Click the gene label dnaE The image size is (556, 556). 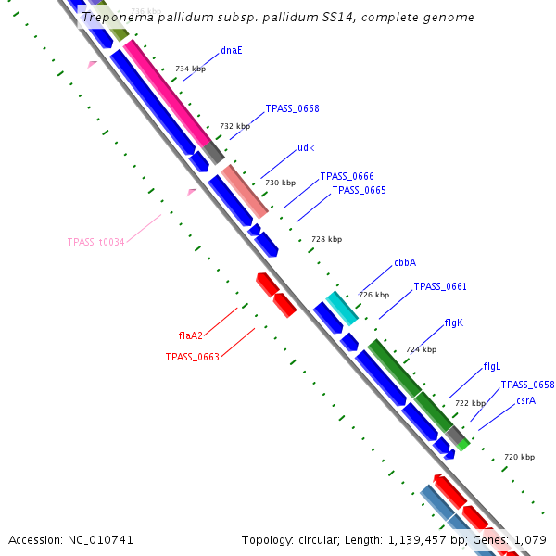(x=232, y=50)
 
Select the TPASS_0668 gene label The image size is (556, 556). (x=292, y=108)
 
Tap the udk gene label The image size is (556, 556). (x=306, y=147)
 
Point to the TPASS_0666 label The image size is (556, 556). (x=347, y=176)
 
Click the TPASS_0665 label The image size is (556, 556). (x=359, y=190)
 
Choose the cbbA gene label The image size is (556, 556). (x=405, y=262)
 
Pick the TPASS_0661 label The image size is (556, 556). (x=439, y=286)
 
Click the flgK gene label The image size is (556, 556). (x=453, y=322)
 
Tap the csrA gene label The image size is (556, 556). (x=525, y=400)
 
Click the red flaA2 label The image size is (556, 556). (x=190, y=335)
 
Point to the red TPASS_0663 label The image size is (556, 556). (x=192, y=357)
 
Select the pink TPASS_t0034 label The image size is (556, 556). (x=95, y=242)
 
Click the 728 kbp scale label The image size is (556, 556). (x=326, y=239)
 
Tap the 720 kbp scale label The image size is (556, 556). (x=519, y=457)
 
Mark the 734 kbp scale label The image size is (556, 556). (x=190, y=69)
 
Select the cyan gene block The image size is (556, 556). (x=342, y=308)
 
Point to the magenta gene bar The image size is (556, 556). (x=167, y=93)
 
